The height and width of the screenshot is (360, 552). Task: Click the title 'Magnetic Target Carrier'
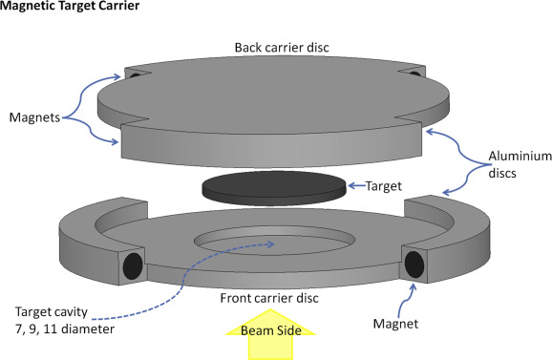click(x=70, y=6)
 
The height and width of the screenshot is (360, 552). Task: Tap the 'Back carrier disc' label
click(x=282, y=48)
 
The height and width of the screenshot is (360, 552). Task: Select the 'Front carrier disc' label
click(x=269, y=298)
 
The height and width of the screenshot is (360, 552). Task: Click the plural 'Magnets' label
click(x=34, y=117)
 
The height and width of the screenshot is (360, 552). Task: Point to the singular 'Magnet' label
click(x=395, y=324)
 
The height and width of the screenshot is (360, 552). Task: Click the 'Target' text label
click(x=384, y=186)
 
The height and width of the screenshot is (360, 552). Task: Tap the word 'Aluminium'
click(x=520, y=156)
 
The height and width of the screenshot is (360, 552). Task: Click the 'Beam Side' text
click(x=271, y=330)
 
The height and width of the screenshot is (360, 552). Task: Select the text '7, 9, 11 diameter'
click(x=65, y=329)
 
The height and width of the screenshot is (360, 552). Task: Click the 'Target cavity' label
click(x=52, y=312)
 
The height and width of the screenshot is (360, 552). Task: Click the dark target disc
click(x=274, y=188)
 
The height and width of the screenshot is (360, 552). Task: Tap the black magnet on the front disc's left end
click(x=133, y=266)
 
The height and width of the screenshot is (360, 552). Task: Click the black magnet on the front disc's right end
click(x=414, y=265)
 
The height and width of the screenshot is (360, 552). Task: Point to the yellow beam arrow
click(x=270, y=334)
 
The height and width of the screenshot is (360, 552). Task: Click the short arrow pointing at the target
click(x=356, y=185)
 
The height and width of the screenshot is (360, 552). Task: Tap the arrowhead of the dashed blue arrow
click(x=271, y=244)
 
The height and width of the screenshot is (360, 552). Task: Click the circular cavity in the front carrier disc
click(x=275, y=241)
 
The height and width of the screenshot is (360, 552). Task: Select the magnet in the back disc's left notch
click(x=135, y=75)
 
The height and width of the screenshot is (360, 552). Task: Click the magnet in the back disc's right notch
click(x=414, y=74)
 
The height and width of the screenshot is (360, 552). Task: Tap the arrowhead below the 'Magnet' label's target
click(x=414, y=286)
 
